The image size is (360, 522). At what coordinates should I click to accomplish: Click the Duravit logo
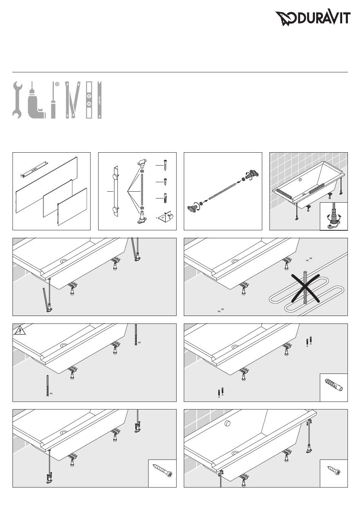click(312, 18)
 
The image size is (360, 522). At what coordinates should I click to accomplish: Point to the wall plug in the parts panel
click(166, 198)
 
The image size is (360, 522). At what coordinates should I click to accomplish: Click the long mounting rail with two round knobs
click(116, 191)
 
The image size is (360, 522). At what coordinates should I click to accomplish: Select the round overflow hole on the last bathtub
click(228, 424)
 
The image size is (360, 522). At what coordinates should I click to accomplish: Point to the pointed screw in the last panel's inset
click(334, 471)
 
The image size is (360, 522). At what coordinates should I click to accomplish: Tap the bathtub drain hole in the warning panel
click(63, 345)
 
